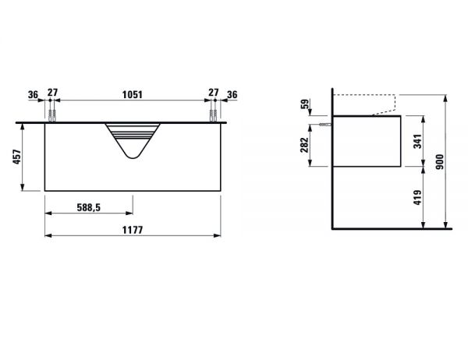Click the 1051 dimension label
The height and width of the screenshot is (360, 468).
coord(133,94)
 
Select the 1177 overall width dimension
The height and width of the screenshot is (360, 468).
coord(133,230)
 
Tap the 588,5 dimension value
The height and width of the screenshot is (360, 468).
coord(89,207)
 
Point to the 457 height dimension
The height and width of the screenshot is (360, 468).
coord(17,157)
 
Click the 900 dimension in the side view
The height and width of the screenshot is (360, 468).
coord(440,161)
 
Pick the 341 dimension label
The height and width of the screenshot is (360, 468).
coord(417,141)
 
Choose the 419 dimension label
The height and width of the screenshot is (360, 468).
coord(417,197)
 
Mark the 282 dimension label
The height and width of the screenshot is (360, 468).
coord(304,145)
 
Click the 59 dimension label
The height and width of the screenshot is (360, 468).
coord(305,104)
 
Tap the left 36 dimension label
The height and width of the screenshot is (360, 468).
coord(33,95)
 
